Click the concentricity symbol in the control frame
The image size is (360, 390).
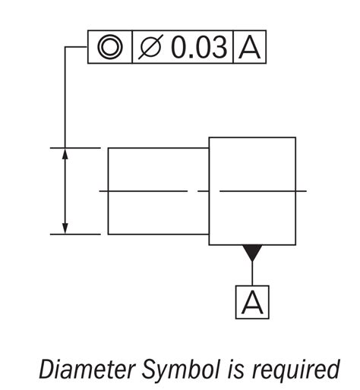[x=111, y=47]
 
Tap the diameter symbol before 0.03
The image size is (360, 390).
[x=150, y=48]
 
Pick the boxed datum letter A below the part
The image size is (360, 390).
[x=251, y=302]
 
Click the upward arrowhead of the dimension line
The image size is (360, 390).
[x=65, y=153]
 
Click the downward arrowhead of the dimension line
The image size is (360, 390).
[x=65, y=228]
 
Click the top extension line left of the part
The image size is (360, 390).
[x=75, y=147]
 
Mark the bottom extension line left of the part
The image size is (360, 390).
[x=75, y=234]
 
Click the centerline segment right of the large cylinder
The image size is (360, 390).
[x=302, y=191]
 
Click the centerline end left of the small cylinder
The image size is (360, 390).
[x=104, y=191]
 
